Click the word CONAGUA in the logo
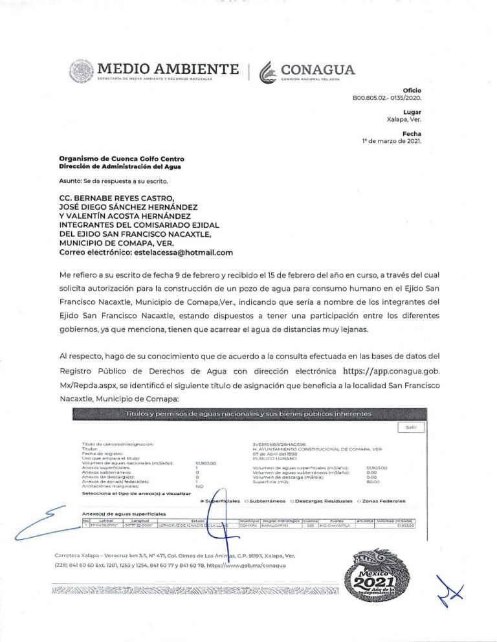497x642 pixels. (316, 69)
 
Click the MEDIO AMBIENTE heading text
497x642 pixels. (167, 69)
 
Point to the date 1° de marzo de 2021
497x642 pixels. (391, 140)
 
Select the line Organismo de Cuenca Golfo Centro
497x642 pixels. (121, 159)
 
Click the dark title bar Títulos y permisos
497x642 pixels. (254, 413)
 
